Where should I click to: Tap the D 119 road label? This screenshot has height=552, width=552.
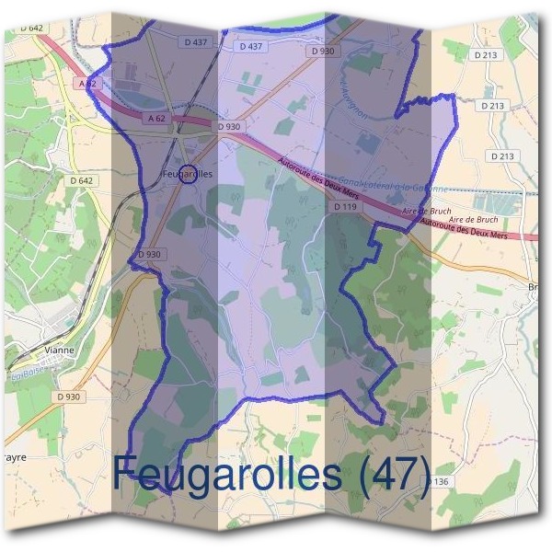point(345,207)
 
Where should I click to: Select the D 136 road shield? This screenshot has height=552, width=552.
point(440,481)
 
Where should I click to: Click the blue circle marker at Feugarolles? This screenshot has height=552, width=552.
point(187,173)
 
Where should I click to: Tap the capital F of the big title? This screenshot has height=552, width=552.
point(128,473)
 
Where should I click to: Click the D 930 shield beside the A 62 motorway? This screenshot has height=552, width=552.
point(229,125)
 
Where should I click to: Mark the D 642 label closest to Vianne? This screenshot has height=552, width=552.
point(82,180)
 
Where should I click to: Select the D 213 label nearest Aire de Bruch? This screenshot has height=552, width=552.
point(502,156)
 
